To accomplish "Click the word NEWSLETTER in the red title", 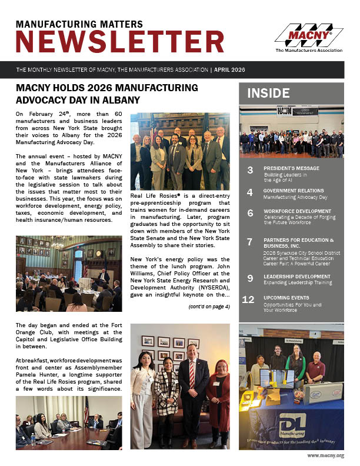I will coord(120,42).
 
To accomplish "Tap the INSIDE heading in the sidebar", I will coord(268,93).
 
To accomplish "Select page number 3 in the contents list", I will coord(250,171).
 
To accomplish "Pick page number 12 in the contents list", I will coord(248,299).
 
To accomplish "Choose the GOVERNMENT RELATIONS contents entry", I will coord(293,191).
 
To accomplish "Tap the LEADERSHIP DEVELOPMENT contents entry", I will coord(296,276).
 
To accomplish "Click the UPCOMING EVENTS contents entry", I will coord(286,298).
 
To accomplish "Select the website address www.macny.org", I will coord(325,455).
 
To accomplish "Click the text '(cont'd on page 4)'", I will coord(209,307).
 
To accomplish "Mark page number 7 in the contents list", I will coord(249,241).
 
